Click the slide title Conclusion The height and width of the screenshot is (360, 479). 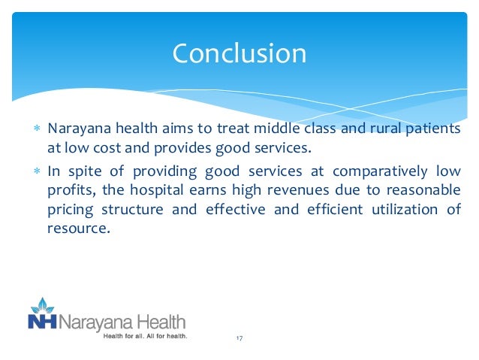pyautogui.click(x=239, y=53)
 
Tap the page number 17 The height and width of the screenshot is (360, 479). pyautogui.click(x=239, y=340)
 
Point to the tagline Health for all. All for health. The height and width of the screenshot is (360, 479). pyautogui.click(x=144, y=336)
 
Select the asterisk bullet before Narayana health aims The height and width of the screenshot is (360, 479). pyautogui.click(x=35, y=129)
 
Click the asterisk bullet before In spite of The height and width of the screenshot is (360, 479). pyautogui.click(x=35, y=171)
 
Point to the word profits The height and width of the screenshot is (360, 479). pyautogui.click(x=66, y=190)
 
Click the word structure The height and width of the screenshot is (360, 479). pyautogui.click(x=140, y=210)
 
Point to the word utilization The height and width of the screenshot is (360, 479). pyautogui.click(x=405, y=210)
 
